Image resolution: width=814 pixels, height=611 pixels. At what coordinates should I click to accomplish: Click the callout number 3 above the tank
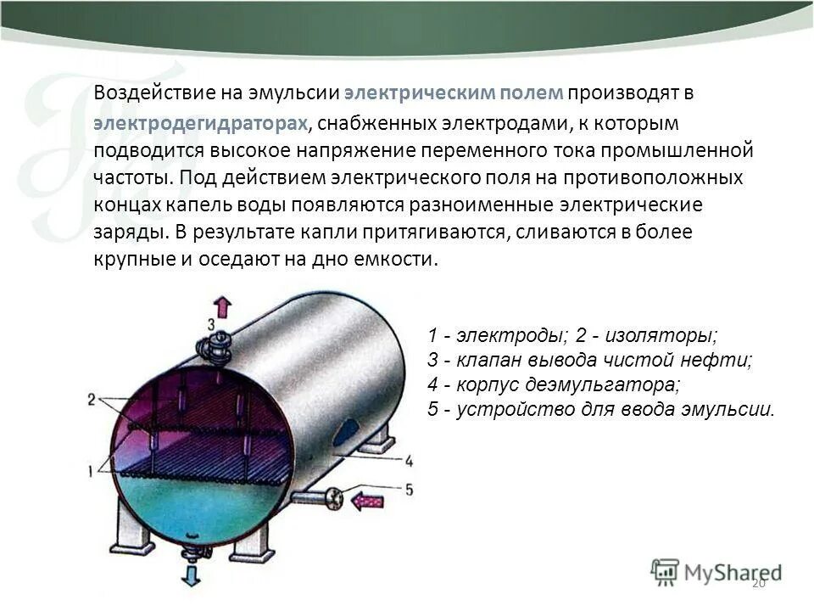211,324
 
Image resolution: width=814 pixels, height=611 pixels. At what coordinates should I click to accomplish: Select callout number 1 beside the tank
92,468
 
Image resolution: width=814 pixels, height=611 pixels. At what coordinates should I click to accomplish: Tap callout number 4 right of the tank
410,462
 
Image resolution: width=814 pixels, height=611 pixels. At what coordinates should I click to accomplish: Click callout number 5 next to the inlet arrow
410,490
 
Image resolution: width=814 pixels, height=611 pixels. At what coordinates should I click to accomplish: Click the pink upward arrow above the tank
222,306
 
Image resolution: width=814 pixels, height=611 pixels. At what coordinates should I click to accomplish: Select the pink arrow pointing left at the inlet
367,502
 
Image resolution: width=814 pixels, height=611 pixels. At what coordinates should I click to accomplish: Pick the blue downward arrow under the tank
191,576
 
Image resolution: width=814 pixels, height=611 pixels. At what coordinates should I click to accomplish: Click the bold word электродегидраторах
199,123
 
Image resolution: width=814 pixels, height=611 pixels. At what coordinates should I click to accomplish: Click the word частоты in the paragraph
124,178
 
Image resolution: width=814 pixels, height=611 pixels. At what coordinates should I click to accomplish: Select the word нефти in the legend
721,359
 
